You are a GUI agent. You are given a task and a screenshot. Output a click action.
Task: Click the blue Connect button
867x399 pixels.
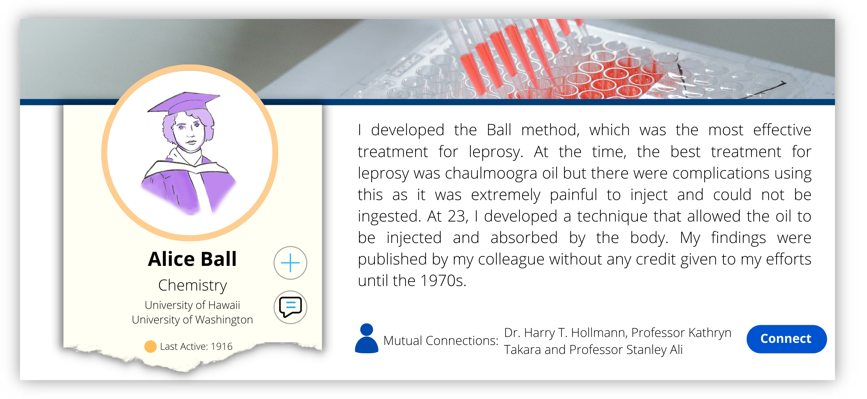point(786,339)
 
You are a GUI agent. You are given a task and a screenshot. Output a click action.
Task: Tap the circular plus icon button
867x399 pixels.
point(290,263)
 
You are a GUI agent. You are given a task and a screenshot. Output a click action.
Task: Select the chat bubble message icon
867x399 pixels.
point(290,307)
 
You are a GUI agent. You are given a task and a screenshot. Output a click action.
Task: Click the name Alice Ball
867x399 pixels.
point(192,259)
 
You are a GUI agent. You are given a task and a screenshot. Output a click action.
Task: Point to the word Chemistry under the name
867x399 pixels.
point(192,286)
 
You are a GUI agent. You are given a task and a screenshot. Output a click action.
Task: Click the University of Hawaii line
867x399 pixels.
point(192,305)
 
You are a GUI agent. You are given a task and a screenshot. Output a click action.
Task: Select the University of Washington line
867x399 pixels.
point(192,320)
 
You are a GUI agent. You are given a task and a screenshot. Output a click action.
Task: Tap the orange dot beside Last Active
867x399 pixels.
point(151,346)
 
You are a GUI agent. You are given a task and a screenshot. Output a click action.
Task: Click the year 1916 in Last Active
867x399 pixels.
point(222,346)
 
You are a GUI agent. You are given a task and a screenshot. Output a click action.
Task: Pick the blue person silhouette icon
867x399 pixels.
point(367,338)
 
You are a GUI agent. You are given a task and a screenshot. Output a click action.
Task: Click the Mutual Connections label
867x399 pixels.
point(441,340)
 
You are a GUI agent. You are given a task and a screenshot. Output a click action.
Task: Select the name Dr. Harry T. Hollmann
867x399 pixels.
point(565,332)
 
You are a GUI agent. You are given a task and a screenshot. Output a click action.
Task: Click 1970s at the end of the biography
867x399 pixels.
point(443,280)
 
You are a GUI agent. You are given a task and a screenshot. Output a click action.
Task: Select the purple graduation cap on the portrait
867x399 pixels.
point(184,103)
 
